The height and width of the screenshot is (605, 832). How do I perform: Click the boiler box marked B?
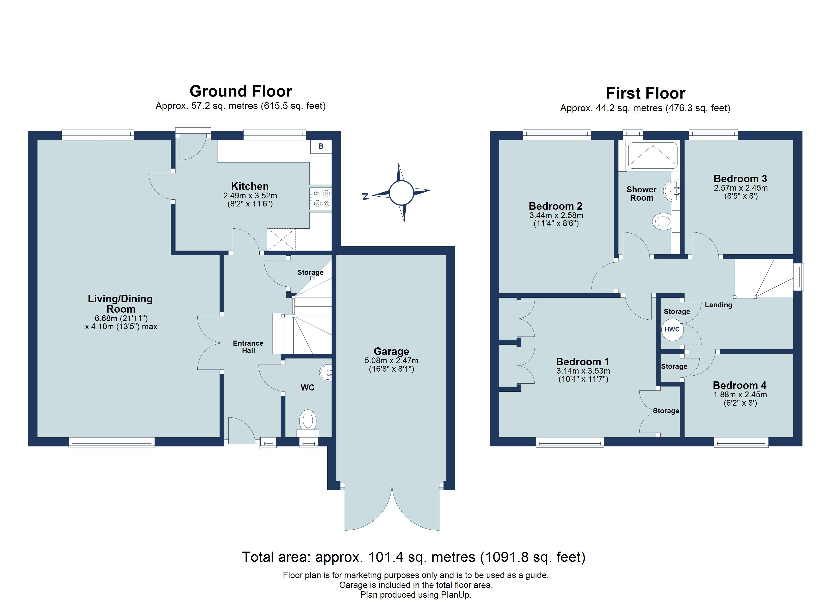point(321,146)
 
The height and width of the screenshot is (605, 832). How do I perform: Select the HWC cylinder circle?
point(672,329)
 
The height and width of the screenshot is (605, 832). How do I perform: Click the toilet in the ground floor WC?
point(308,421)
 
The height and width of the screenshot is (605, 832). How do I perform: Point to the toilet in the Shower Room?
point(662,222)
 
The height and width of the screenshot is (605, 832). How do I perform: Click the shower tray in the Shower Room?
point(652,156)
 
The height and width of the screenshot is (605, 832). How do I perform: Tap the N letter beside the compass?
point(365,197)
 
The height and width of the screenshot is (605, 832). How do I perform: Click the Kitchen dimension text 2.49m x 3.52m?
point(250,196)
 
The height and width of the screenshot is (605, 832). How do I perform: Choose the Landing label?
point(718,305)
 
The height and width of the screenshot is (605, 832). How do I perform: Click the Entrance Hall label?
point(248,347)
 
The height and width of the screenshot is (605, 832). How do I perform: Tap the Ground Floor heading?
point(241,91)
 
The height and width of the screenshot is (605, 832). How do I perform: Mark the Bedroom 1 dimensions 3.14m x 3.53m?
point(583,371)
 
